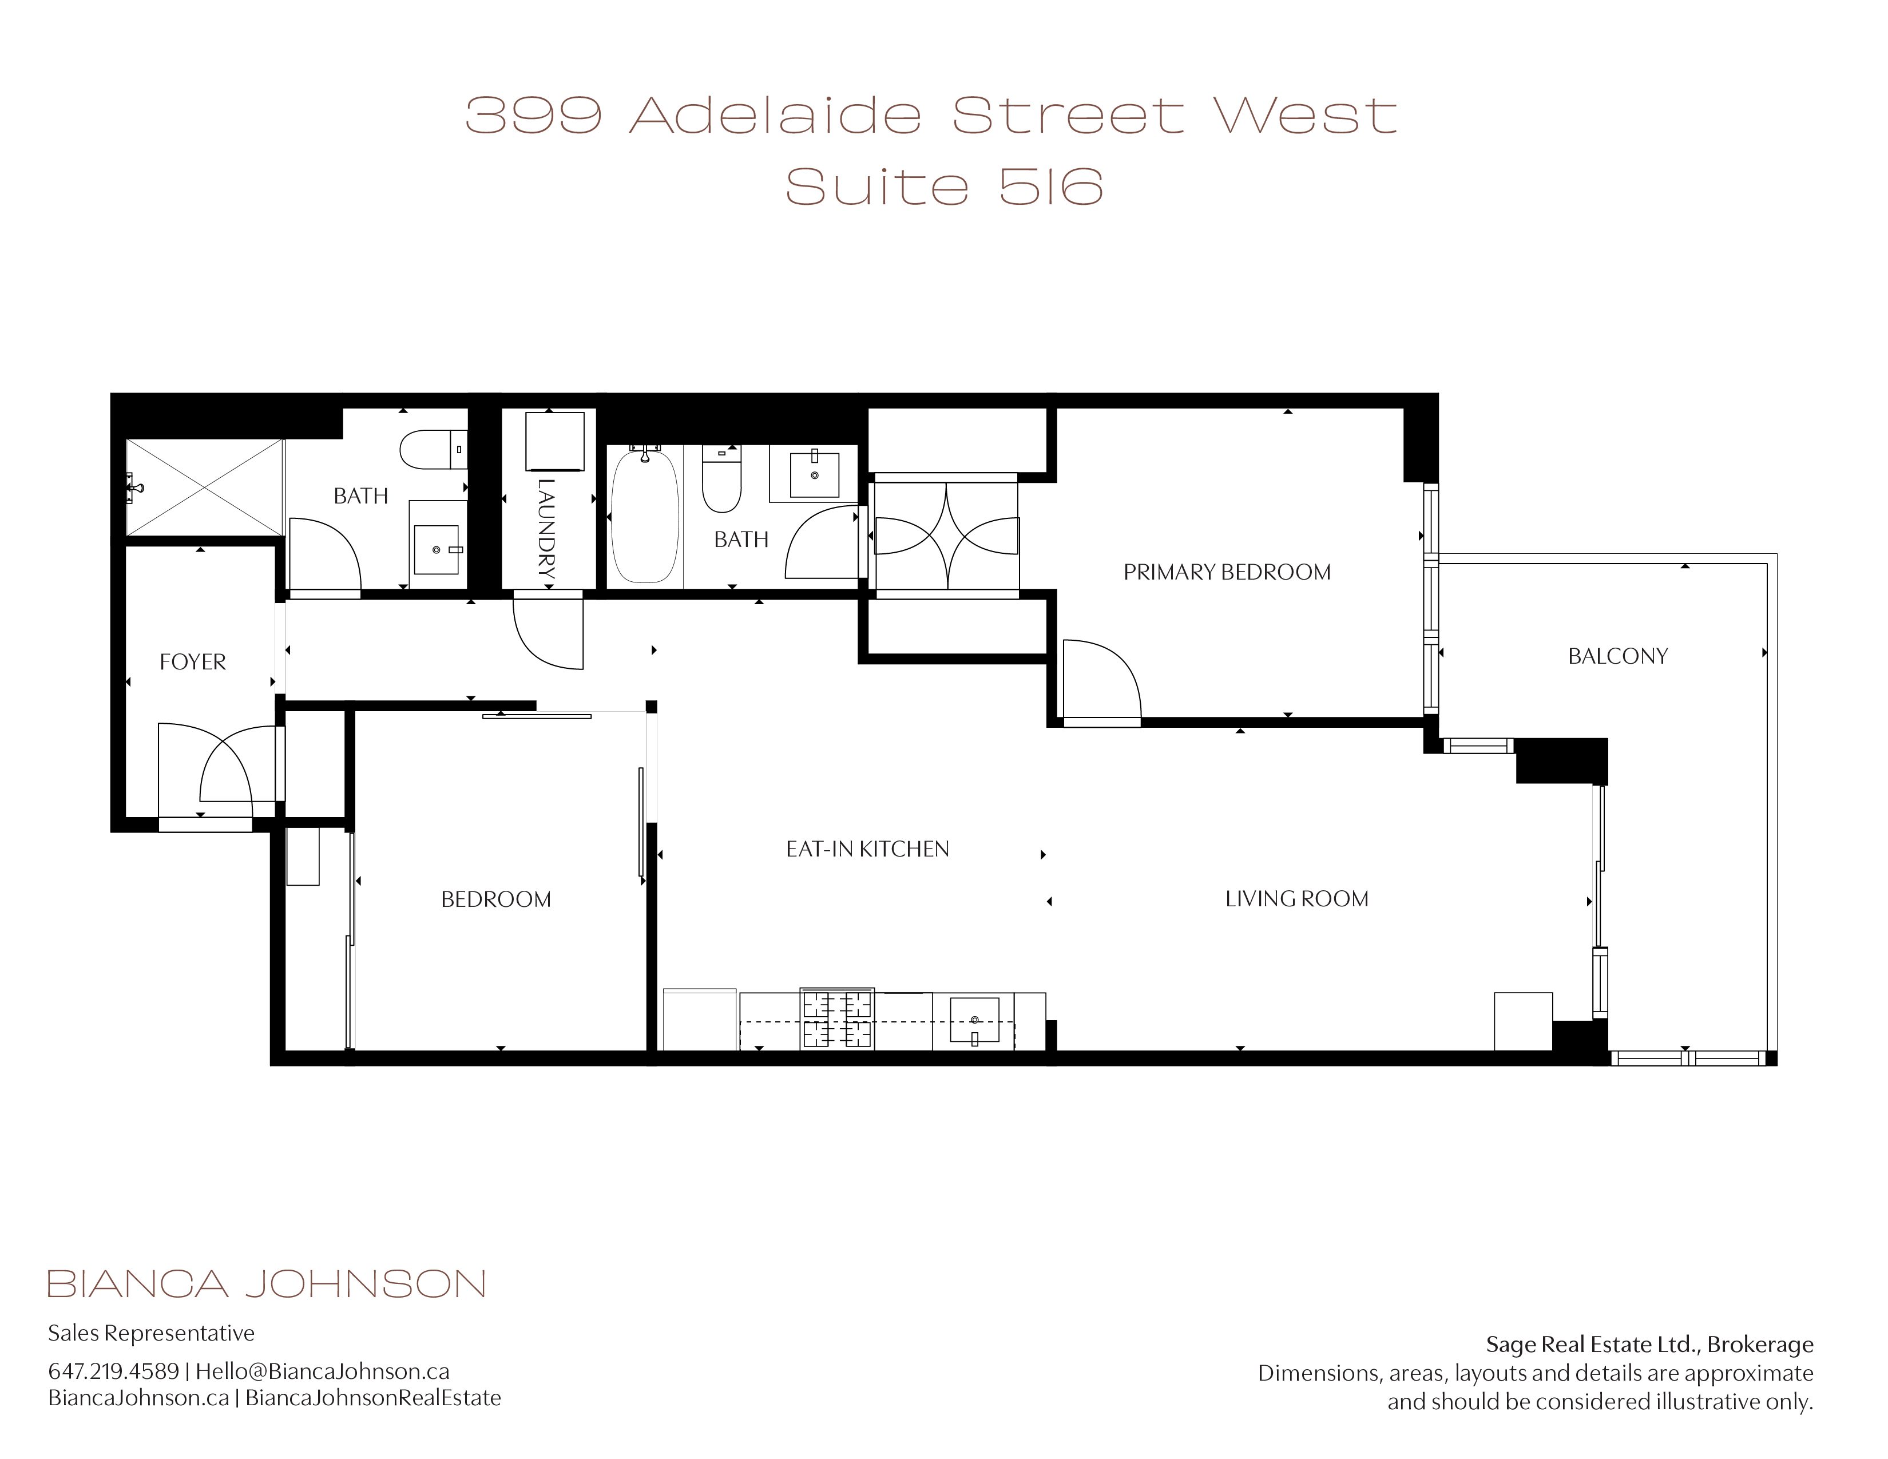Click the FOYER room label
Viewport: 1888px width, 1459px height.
click(193, 662)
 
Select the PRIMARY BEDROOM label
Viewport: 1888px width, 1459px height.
click(1227, 572)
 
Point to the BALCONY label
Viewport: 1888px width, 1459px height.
click(1617, 656)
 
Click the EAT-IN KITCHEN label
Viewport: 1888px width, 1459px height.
click(867, 849)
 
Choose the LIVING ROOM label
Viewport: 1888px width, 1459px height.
click(1296, 899)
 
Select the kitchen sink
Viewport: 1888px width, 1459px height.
click(974, 1021)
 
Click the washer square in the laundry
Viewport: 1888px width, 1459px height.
click(555, 442)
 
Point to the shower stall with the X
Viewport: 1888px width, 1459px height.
click(205, 487)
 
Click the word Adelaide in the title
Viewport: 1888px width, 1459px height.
click(775, 116)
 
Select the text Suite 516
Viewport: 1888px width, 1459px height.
click(944, 187)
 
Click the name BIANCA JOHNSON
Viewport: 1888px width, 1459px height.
click(266, 1284)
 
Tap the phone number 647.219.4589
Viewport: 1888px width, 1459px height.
click(113, 1371)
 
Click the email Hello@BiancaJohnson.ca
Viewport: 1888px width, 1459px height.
click(323, 1371)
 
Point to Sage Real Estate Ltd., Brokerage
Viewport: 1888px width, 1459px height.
click(1649, 1345)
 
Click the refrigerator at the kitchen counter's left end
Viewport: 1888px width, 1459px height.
click(699, 1020)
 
